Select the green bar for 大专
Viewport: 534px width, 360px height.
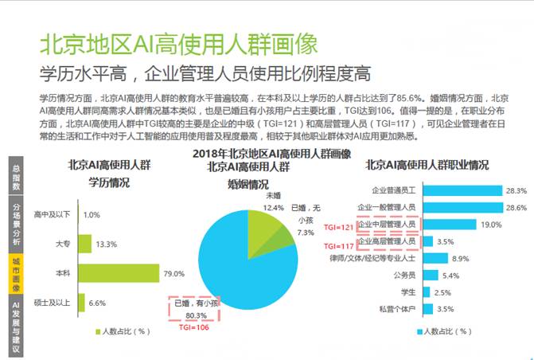(x=84, y=244)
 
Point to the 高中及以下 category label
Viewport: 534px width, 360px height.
(x=53, y=215)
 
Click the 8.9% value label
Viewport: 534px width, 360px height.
(x=461, y=259)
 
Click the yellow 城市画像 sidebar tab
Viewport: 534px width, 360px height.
(x=14, y=274)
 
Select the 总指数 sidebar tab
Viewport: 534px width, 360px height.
(x=14, y=176)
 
